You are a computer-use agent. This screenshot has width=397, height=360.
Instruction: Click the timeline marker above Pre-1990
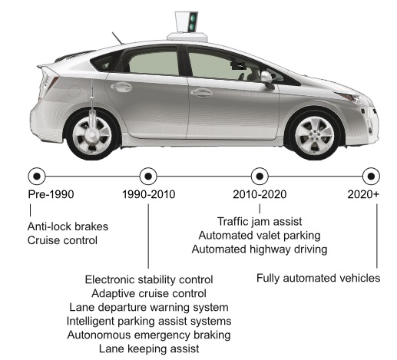click(x=37, y=177)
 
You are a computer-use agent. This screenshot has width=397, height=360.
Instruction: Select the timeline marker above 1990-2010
click(x=148, y=177)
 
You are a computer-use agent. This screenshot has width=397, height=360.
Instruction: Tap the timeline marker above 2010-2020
click(x=260, y=177)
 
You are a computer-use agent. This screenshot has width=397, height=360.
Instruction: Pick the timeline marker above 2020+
click(x=371, y=177)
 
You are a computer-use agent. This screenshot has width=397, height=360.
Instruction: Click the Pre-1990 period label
click(x=51, y=194)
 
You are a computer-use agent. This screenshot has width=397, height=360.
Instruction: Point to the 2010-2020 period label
click(x=260, y=194)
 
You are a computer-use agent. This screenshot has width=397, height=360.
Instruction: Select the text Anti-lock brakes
click(x=68, y=226)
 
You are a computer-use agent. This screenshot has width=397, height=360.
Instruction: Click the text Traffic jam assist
click(x=260, y=222)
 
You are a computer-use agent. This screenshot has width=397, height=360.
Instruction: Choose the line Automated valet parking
click(x=260, y=236)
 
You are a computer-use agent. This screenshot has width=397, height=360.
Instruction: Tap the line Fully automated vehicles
click(x=319, y=278)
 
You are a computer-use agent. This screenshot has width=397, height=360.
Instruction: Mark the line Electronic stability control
click(x=149, y=279)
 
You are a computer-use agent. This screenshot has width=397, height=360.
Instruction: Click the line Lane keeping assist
click(x=149, y=348)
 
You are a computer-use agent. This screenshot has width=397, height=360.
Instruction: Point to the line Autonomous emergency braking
click(x=149, y=335)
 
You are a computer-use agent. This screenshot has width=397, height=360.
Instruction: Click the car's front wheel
click(x=315, y=135)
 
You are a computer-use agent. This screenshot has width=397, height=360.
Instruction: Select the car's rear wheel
click(x=92, y=135)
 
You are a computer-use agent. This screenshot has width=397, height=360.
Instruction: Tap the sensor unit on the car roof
click(x=187, y=26)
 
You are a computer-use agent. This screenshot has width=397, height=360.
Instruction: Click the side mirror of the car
click(x=267, y=79)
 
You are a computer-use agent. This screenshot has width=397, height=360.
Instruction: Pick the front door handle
click(x=201, y=93)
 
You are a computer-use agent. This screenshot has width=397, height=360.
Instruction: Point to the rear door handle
click(x=121, y=87)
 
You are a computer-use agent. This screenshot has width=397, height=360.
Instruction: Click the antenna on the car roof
click(x=117, y=38)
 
